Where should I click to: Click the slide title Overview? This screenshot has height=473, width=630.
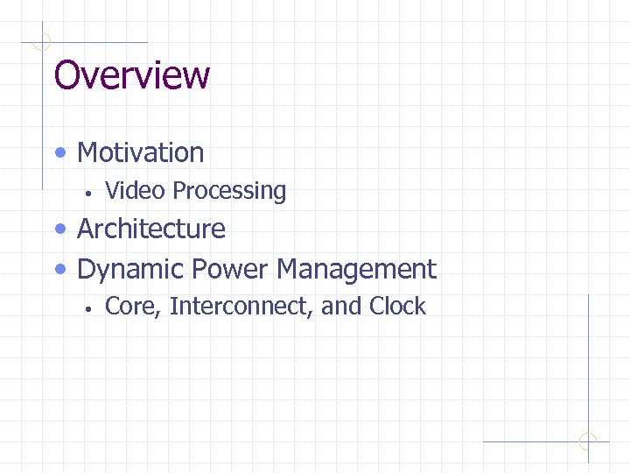[131, 75]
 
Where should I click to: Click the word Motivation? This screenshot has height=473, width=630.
[140, 152]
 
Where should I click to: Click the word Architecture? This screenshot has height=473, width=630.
[151, 229]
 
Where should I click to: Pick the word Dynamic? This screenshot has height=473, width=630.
[131, 269]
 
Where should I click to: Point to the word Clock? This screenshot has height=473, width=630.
[397, 307]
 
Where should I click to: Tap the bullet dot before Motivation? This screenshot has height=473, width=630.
[59, 153]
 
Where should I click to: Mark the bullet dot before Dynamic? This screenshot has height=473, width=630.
[59, 270]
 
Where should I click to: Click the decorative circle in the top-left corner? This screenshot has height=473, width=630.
[42, 41]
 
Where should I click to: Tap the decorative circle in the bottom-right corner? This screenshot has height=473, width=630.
[588, 441]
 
